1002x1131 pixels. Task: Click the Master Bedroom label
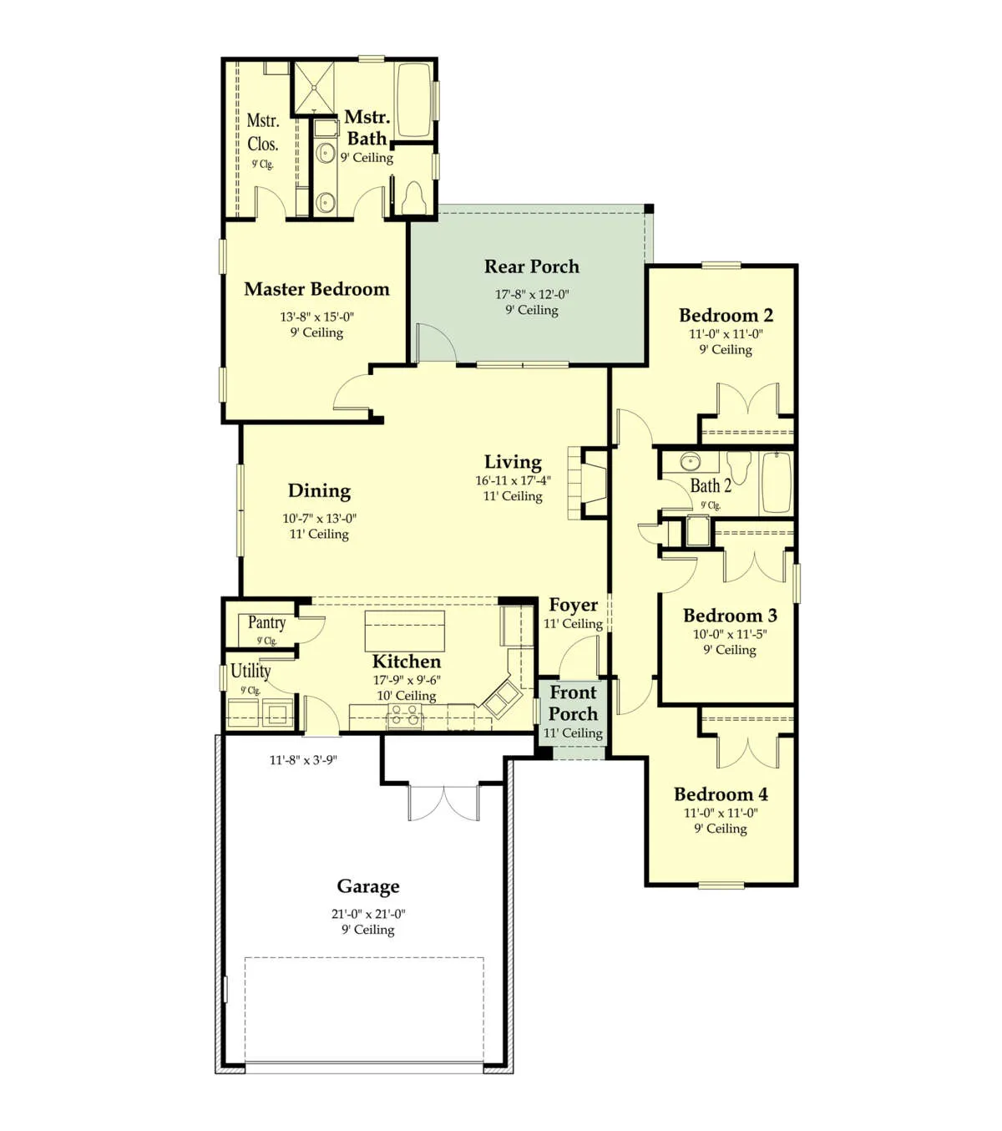pos(316,289)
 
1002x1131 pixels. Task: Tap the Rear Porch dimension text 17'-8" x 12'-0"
pos(531,294)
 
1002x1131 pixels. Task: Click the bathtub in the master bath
pos(413,99)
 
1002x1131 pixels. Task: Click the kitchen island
pos(405,631)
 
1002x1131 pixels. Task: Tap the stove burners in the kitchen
pos(405,716)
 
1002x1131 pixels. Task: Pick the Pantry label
pos(267,622)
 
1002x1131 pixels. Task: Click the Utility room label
pos(250,671)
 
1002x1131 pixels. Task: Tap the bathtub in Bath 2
pos(777,482)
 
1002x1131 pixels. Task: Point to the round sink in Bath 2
pos(691,462)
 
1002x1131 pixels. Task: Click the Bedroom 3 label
pos(730,615)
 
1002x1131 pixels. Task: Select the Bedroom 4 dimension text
pos(721,813)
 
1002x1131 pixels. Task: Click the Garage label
pos(368,886)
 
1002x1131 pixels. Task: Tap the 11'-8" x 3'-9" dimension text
pos(303,760)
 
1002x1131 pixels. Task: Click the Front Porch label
pos(574,702)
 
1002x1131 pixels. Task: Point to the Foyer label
pos(574,605)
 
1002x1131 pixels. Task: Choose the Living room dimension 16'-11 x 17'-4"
pos(513,480)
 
